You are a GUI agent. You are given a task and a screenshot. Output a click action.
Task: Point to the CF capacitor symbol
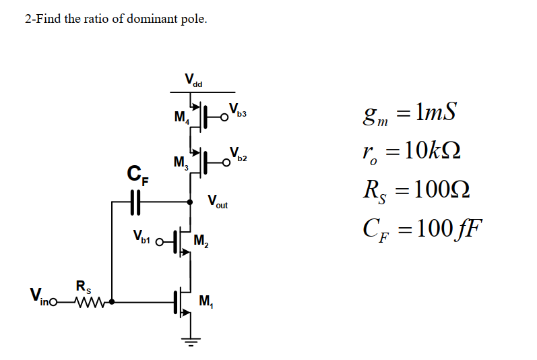[135, 201]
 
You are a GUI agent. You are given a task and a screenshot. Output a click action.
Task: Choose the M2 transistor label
[201, 239]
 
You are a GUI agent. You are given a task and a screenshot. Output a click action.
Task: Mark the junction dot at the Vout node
[191, 201]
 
